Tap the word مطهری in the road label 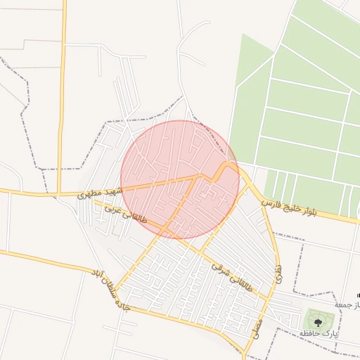click(x=92, y=193)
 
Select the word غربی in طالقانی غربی click(x=113, y=210)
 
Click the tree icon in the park click(x=319, y=321)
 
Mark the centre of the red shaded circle click(x=180, y=179)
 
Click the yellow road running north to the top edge click(x=63, y=70)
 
